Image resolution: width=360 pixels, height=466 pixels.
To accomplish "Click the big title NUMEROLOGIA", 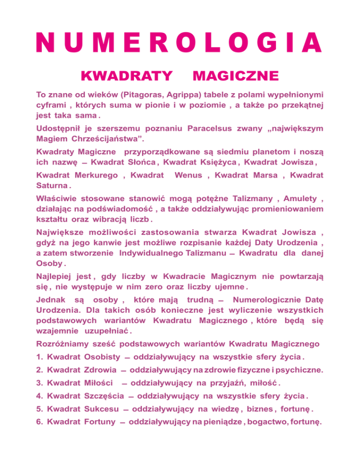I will [180, 43].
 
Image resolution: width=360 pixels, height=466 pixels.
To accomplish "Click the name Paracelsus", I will [213, 128].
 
